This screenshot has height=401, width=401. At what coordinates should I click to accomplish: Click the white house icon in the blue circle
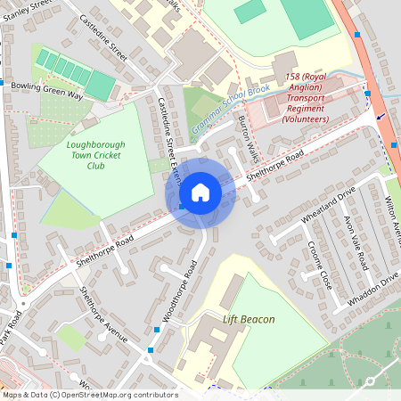click(x=200, y=192)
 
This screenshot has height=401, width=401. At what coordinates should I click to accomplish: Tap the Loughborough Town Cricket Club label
click(x=95, y=154)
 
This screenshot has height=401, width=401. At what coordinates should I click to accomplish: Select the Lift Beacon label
click(x=249, y=319)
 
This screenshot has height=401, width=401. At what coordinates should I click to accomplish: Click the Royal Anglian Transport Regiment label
click(x=305, y=99)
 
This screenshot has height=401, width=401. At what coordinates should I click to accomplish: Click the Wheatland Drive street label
click(x=328, y=206)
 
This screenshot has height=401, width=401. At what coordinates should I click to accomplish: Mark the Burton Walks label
click(x=249, y=134)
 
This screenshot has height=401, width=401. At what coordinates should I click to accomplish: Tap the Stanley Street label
click(x=27, y=11)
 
